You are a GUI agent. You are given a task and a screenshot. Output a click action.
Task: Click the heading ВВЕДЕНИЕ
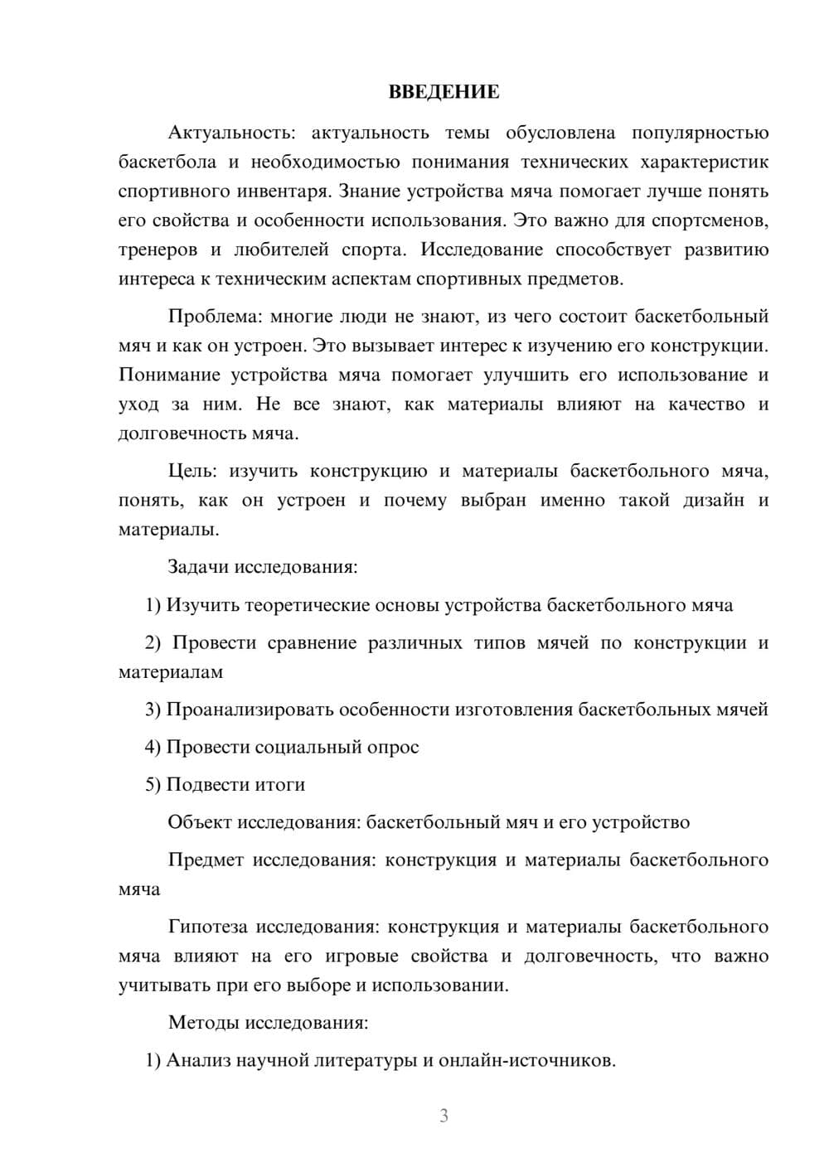444,92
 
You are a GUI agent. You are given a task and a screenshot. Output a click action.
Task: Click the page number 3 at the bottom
444,1116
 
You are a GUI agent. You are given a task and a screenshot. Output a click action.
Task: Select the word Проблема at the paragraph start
206,317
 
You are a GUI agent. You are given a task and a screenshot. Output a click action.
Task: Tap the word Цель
191,472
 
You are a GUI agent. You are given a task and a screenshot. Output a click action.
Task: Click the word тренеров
158,250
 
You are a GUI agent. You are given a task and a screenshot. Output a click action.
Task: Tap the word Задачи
198,568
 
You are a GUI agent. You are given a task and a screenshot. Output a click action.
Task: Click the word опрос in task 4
392,747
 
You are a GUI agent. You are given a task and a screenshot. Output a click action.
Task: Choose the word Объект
200,822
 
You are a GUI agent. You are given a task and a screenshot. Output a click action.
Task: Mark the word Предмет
206,860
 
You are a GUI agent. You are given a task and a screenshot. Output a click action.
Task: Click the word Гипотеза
207,927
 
